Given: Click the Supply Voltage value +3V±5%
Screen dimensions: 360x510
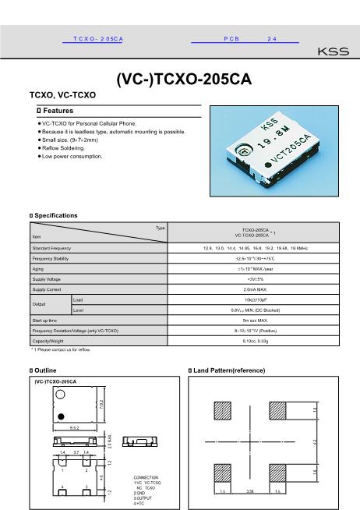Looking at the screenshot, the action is pos(256,278).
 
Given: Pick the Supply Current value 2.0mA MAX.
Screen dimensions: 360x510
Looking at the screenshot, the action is pos(256,289).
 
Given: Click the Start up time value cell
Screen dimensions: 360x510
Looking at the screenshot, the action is pos(256,320).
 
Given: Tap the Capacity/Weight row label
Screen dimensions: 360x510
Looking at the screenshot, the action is pos(48,341).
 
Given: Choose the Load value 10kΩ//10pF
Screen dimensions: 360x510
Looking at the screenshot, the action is pos(256,299).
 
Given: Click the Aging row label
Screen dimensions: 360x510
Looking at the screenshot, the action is pos(38,268).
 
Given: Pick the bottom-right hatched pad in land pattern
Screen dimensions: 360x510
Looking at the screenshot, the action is pos(277,472).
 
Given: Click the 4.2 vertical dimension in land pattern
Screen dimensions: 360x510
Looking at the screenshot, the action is pos(315,441).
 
